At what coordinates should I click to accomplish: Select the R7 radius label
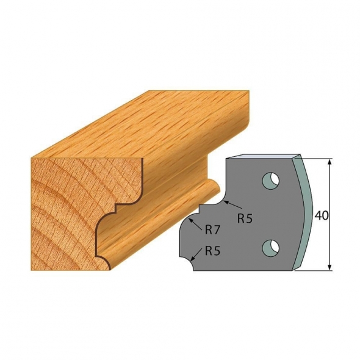click(x=212, y=231)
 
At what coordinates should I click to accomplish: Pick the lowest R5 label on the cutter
click(x=212, y=250)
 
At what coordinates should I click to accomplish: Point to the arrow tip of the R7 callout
click(x=194, y=219)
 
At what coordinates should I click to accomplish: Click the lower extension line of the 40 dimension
click(x=314, y=270)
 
